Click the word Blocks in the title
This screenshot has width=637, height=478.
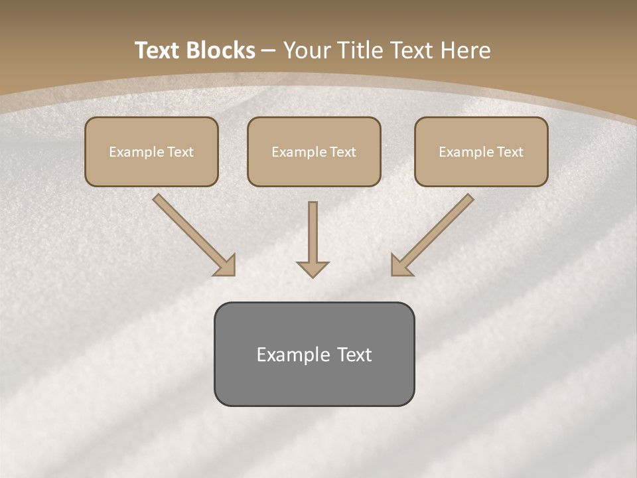(221, 50)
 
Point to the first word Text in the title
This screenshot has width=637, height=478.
(159, 50)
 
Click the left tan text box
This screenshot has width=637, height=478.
(151, 151)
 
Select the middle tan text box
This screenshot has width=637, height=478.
(314, 151)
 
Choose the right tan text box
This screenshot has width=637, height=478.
(481, 151)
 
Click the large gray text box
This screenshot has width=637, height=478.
(314, 354)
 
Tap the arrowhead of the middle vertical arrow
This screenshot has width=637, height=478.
(313, 268)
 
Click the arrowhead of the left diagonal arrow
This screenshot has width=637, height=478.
(226, 266)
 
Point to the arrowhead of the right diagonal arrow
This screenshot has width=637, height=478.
(401, 266)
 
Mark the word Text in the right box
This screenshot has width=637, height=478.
(510, 152)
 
